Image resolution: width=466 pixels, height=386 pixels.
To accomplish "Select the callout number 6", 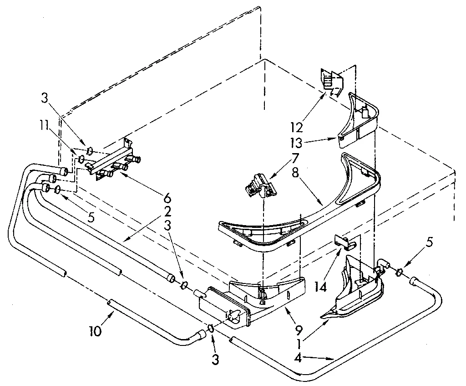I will pos(167,199).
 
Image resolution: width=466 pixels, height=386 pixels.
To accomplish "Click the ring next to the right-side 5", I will pos(400,272).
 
